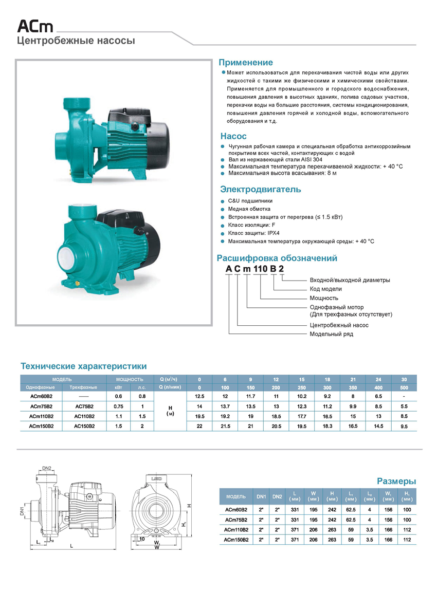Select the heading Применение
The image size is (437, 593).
pos(246,63)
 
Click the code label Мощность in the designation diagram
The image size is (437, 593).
pos(324,298)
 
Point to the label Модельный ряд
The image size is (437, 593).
pos(331,334)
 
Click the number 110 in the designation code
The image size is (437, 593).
pos(262,270)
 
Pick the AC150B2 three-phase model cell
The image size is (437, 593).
pos(83,426)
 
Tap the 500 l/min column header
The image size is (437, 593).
pos(404,387)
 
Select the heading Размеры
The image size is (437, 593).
pos(396,481)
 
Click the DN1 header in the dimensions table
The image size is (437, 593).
pos(261,496)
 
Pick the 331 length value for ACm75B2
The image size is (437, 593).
pos(295,520)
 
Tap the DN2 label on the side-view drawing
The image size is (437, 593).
pos(47,468)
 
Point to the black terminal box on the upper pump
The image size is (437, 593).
pos(127,117)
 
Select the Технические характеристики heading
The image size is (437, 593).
pos(83,366)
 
